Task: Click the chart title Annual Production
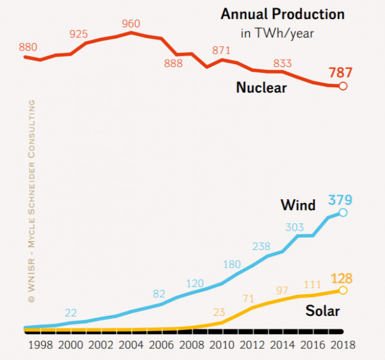tap(282, 14)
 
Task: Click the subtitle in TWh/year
tap(277, 33)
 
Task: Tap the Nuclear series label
tap(261, 88)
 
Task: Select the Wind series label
tap(298, 205)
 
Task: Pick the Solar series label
tap(323, 310)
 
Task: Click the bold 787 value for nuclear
tap(340, 73)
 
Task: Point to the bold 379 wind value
tap(340, 200)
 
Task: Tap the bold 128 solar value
tap(341, 279)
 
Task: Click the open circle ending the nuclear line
tap(343, 86)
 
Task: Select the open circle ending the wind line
tap(343, 213)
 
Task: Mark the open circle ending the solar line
tap(343, 290)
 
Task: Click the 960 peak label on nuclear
tap(131, 23)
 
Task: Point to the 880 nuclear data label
tap(27, 47)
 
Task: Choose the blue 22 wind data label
tap(70, 313)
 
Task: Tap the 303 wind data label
tap(294, 227)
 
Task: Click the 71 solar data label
tap(249, 299)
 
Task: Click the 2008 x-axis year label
tap(192, 344)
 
